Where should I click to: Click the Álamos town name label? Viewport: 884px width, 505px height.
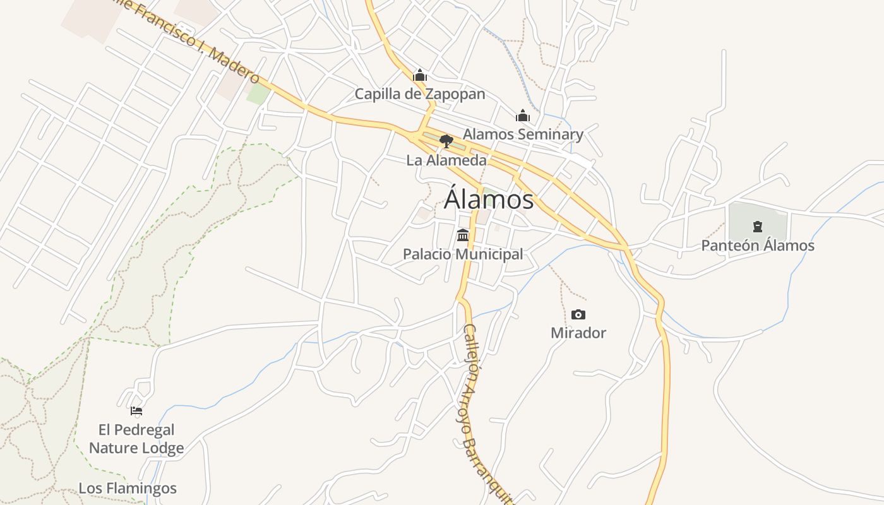[x=489, y=199]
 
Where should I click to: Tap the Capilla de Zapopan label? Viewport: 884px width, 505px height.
[x=420, y=94]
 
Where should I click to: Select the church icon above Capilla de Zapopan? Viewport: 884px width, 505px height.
[x=420, y=76]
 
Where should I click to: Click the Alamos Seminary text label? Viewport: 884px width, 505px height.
[x=523, y=134]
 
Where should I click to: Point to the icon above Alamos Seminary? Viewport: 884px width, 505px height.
[x=523, y=116]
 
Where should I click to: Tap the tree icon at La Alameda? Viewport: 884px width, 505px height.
[x=446, y=141]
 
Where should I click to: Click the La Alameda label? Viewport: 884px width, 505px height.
[x=446, y=160]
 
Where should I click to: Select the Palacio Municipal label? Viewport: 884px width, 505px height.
[x=463, y=254]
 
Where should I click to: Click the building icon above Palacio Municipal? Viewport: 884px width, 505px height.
[x=463, y=235]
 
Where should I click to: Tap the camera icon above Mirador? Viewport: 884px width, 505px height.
[x=578, y=314]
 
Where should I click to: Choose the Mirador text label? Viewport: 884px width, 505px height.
[x=578, y=333]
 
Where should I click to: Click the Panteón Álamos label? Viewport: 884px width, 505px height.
[x=758, y=246]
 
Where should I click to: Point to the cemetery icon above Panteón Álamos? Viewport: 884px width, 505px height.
[x=758, y=227]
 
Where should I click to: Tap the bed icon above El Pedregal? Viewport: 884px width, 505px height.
[x=136, y=411]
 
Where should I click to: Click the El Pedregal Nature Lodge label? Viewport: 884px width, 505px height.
[x=136, y=439]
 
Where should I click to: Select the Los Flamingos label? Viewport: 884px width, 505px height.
[x=128, y=488]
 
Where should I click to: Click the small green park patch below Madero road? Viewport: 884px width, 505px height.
[x=258, y=94]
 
